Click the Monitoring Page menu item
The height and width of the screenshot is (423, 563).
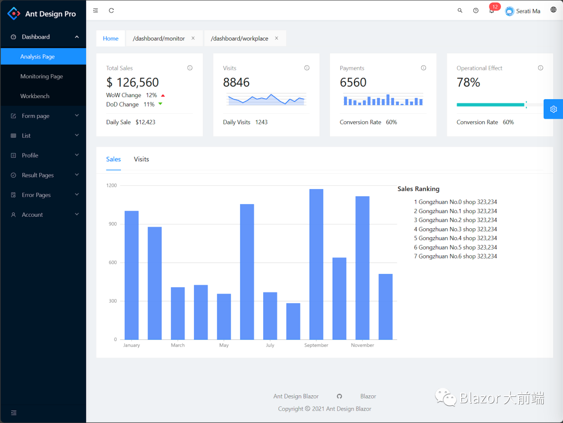pos(41,76)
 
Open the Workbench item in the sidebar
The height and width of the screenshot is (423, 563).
pos(35,96)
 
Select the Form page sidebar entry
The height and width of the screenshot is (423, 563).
pos(35,116)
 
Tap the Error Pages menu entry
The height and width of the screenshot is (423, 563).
pos(36,195)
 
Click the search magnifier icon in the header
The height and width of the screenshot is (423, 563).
pos(460,10)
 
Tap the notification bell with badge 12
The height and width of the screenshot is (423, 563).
pos(492,10)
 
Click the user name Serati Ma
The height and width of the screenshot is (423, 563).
pos(528,11)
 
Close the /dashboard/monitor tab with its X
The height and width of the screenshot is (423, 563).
pos(193,38)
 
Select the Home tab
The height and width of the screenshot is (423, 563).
pos(111,39)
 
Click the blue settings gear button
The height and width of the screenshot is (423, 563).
pos(553,109)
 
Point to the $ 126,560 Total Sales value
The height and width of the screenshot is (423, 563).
pos(132,83)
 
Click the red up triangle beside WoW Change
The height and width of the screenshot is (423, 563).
pos(163,96)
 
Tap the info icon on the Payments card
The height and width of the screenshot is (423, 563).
pos(423,68)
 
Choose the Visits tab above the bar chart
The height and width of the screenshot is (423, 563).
pos(141,159)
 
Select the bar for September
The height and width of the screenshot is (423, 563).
pos(316,264)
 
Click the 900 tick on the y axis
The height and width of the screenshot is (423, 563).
pos(112,224)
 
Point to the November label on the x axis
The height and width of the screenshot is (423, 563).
pos(362,345)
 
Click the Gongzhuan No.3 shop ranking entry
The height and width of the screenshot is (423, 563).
pos(455,229)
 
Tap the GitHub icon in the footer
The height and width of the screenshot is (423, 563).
pos(339,396)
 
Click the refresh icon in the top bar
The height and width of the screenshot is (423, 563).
pos(112,10)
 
